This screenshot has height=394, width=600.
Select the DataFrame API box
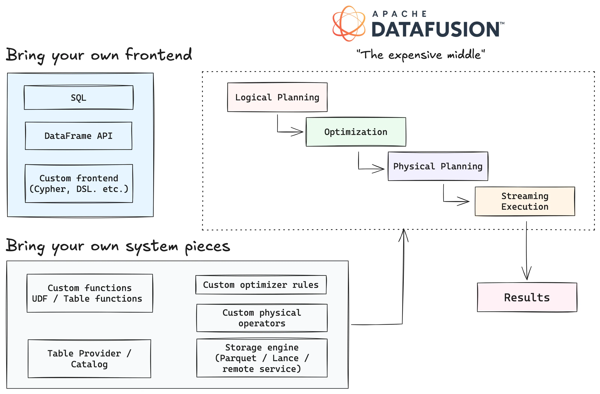pyautogui.click(x=78, y=136)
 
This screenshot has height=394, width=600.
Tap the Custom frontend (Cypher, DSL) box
pyautogui.click(x=79, y=183)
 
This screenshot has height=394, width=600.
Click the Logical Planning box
pyautogui.click(x=277, y=97)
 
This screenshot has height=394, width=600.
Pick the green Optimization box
pyautogui.click(x=356, y=132)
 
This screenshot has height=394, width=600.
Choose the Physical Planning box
pyautogui.click(x=438, y=166)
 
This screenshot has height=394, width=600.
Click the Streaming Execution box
pyautogui.click(x=525, y=201)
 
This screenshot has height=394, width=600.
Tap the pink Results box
pyautogui.click(x=527, y=297)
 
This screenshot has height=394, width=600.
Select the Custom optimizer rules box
pyautogui.click(x=261, y=285)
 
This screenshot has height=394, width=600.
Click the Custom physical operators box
pyautogui.click(x=262, y=318)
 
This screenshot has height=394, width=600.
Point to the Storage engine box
pyautogui.click(x=262, y=358)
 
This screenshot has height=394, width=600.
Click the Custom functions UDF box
pyautogui.click(x=90, y=293)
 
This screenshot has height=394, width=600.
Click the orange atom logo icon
pyautogui.click(x=349, y=23)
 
